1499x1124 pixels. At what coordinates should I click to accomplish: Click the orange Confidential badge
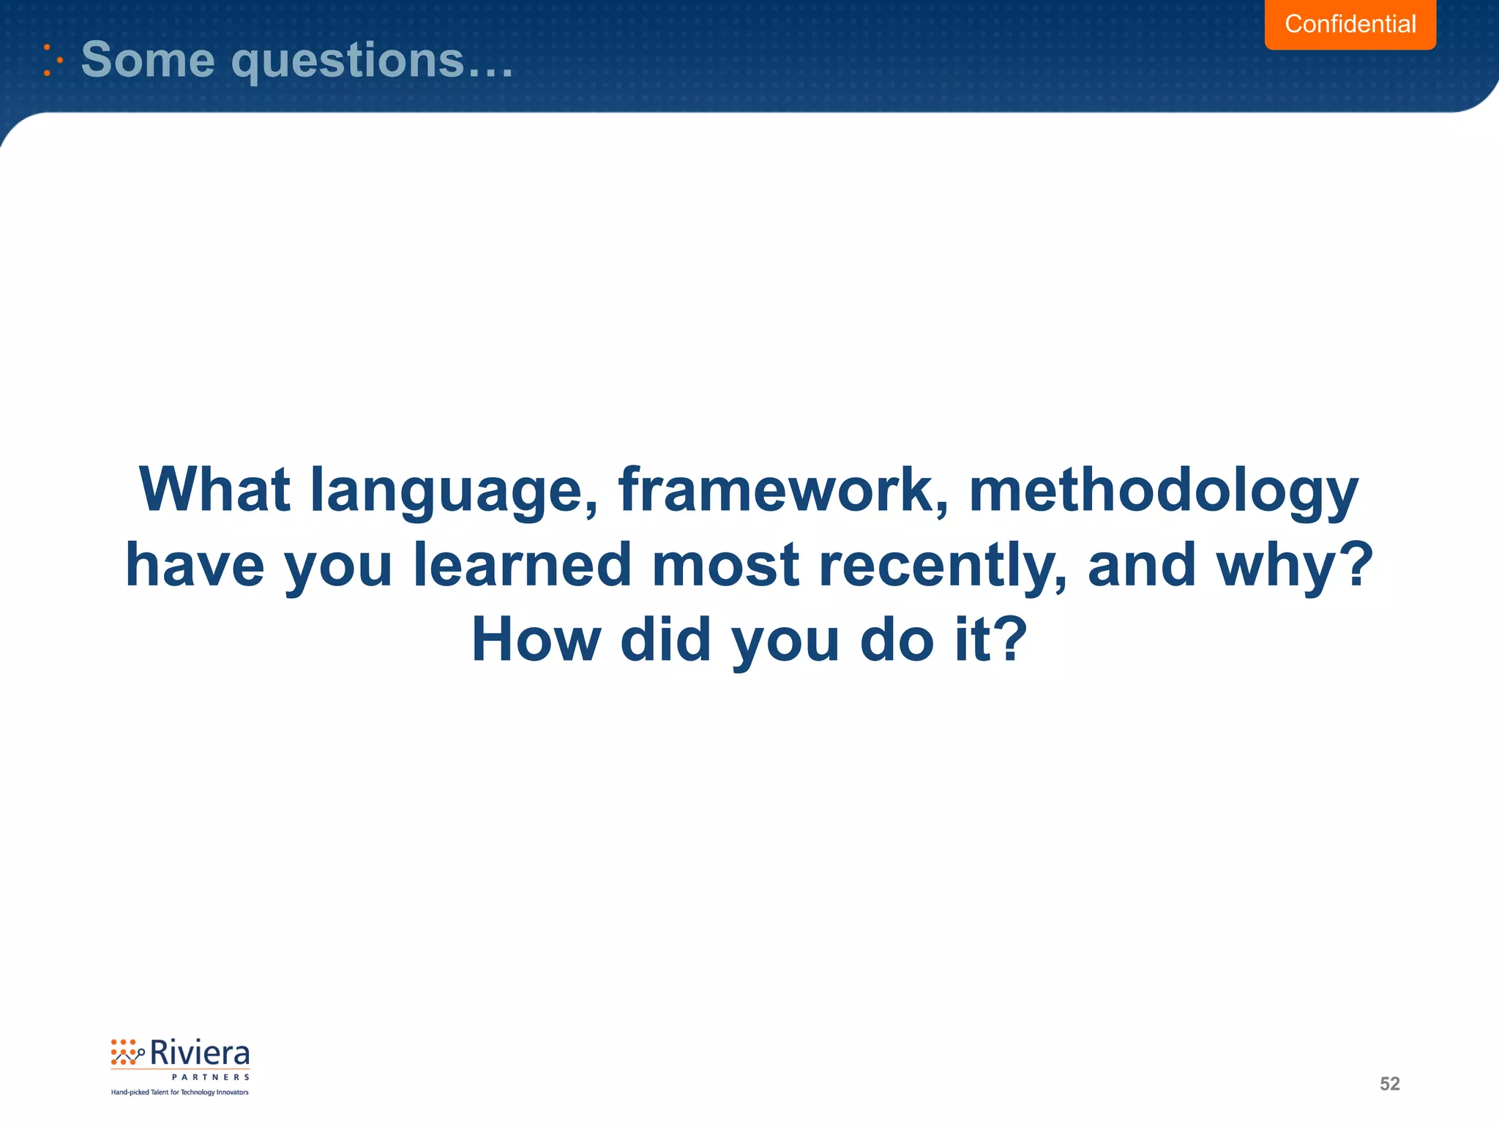coord(1350,24)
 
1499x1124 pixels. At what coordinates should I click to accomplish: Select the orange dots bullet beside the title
coord(51,60)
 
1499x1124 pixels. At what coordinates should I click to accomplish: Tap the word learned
coord(523,564)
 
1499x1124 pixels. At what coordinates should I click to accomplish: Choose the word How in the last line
coord(536,640)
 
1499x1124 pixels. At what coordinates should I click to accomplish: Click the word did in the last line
coord(665,640)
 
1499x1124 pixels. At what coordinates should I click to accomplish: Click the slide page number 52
coord(1389,1084)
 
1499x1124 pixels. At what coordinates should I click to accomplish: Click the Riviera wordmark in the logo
coord(199,1054)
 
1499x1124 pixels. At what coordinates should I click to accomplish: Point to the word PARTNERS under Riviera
coord(210,1077)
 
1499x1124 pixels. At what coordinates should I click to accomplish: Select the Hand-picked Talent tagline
coord(180,1093)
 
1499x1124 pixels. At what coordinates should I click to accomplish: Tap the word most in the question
coord(725,564)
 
